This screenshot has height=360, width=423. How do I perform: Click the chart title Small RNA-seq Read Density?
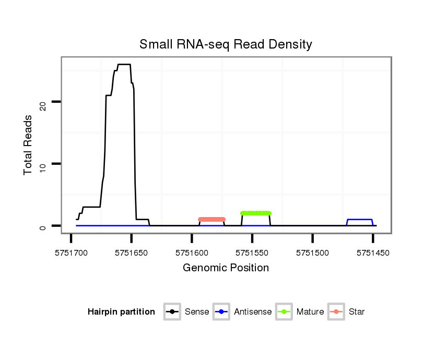[x=226, y=44]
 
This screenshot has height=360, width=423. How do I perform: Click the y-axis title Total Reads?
[x=29, y=145]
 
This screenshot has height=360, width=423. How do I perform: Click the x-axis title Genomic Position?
[x=226, y=268]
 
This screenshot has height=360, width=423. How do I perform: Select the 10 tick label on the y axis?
[x=43, y=167]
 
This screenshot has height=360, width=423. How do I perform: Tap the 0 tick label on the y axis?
[x=43, y=227]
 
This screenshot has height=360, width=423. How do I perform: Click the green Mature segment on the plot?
[x=256, y=213]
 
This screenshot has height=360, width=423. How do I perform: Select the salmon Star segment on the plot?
[x=211, y=219]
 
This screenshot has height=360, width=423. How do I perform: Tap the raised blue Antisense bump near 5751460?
[x=359, y=220]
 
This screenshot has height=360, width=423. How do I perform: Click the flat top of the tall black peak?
[x=124, y=64]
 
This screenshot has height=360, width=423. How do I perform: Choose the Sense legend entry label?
[x=197, y=312]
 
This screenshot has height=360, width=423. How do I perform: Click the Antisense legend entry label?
[x=253, y=312]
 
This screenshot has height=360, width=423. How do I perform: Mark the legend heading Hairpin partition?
[x=121, y=312]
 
